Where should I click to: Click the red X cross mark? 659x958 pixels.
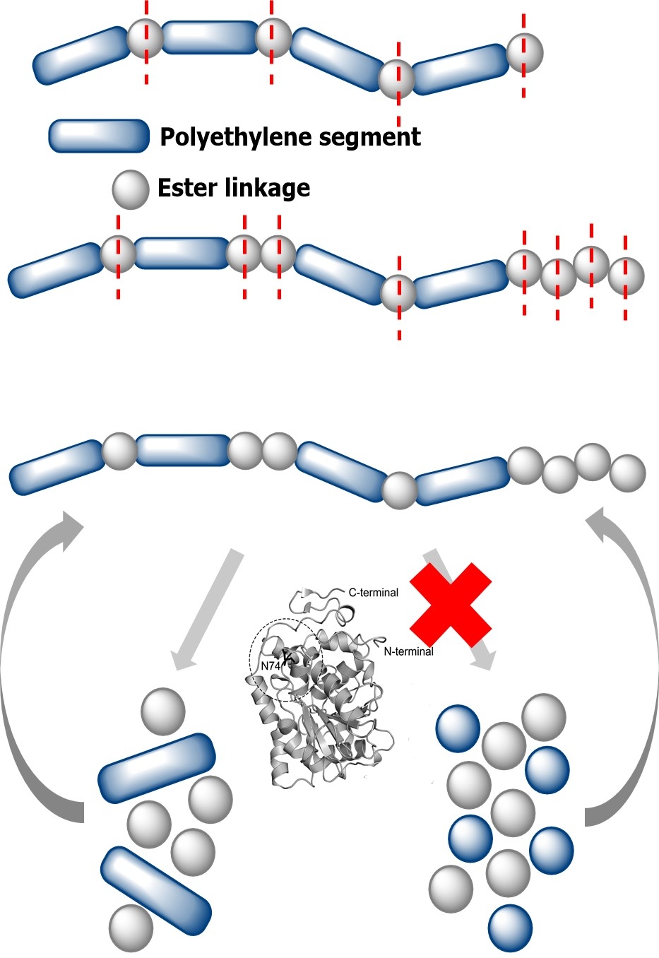click(451, 605)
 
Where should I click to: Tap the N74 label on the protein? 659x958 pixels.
click(271, 666)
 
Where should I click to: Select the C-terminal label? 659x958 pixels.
click(374, 592)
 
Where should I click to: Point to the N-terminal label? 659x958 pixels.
click(408, 651)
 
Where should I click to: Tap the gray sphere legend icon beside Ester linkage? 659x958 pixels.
click(131, 189)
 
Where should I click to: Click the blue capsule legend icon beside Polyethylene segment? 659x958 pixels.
click(99, 136)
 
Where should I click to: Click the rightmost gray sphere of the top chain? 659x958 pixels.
click(525, 53)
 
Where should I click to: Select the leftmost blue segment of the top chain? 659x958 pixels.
click(82, 56)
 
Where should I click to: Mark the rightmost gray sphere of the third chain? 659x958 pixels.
click(627, 473)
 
